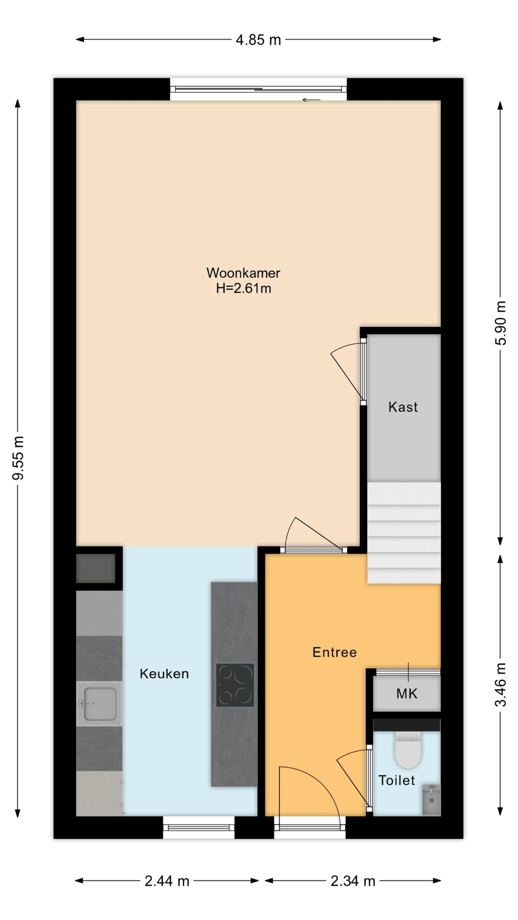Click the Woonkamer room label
(x=243, y=273)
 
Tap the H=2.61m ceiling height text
(x=243, y=288)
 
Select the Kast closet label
(x=403, y=407)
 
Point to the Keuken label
(x=164, y=674)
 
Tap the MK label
(x=407, y=694)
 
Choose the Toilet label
(x=396, y=780)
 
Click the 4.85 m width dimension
(x=258, y=40)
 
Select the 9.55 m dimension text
(x=18, y=457)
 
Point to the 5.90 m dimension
(x=500, y=323)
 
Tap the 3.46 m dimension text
(x=500, y=685)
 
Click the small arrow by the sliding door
(x=311, y=100)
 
